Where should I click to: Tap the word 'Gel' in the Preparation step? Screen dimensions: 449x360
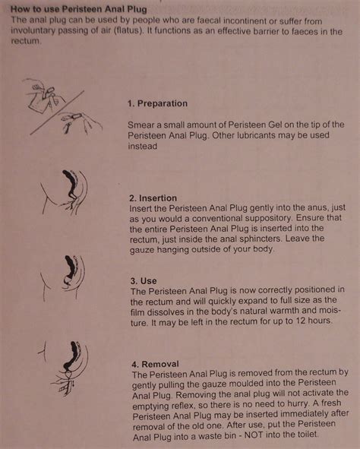[274, 124]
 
